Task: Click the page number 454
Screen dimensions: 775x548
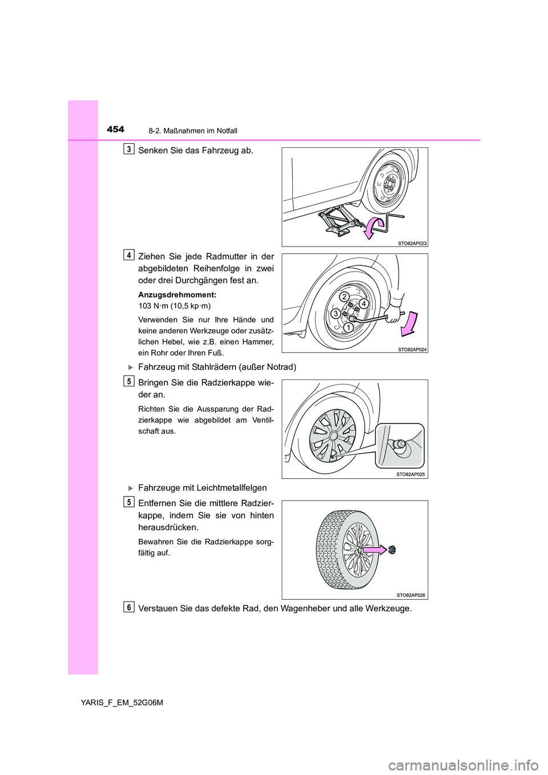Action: (x=115, y=130)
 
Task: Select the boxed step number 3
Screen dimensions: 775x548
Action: (x=130, y=150)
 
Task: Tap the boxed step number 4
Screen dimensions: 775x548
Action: (x=130, y=255)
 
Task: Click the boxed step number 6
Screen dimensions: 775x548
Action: (x=130, y=607)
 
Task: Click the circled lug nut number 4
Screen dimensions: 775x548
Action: (x=362, y=304)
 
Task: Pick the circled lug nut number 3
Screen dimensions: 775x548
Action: (x=337, y=314)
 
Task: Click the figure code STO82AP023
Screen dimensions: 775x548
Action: (x=412, y=243)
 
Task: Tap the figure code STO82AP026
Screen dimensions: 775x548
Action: (x=411, y=595)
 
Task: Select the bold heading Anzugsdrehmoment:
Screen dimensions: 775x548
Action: (x=177, y=295)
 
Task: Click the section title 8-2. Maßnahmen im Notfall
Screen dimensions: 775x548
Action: (x=193, y=131)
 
